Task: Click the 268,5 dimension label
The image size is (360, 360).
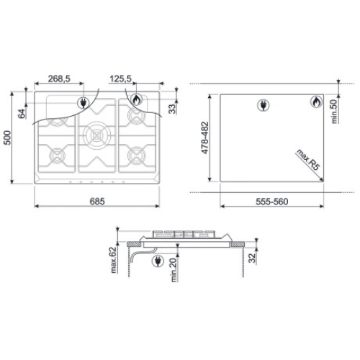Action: coord(59,78)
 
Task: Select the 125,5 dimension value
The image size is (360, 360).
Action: coord(121,78)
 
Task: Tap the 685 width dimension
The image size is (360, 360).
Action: coord(97,201)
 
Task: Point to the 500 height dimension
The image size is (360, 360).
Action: coord(7,138)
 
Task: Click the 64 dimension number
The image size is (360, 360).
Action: coord(22,114)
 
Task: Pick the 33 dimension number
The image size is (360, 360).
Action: coord(172,109)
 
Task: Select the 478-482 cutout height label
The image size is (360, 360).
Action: coord(204,138)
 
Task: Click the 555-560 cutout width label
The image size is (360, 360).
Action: coord(272,202)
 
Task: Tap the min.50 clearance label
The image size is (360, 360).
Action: coord(334,112)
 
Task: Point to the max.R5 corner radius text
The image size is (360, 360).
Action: coord(308,160)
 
